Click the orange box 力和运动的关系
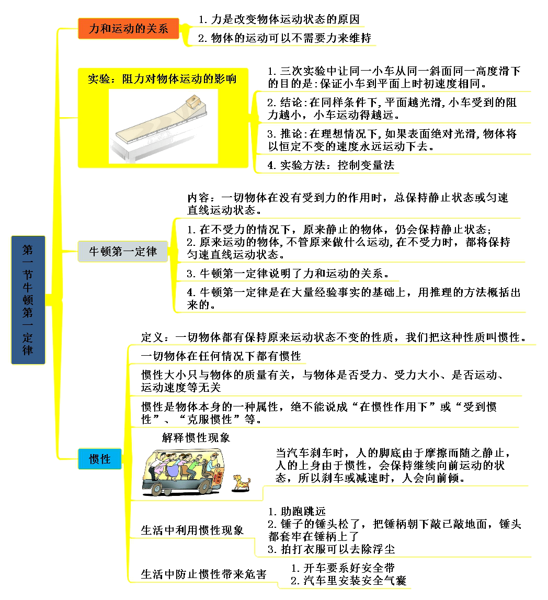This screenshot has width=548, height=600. [x=128, y=29]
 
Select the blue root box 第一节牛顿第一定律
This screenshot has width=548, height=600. [x=28, y=300]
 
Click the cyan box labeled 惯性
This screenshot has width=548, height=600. [x=99, y=459]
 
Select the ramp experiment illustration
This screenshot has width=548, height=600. [x=164, y=125]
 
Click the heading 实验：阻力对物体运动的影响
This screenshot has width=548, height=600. [x=162, y=79]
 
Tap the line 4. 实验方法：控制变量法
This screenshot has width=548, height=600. [x=330, y=165]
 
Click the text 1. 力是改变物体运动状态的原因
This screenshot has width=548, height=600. [x=279, y=20]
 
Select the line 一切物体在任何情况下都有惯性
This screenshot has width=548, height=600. [x=221, y=356]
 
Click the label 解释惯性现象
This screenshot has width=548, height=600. [x=196, y=437]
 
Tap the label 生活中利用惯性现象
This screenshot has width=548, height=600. [x=192, y=530]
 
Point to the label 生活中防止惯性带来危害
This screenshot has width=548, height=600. [x=204, y=574]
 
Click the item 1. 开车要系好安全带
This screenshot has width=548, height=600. [x=342, y=568]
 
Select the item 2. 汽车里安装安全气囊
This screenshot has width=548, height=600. [x=348, y=580]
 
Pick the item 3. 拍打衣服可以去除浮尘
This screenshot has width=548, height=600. [x=331, y=549]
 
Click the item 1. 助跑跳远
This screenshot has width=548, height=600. [x=296, y=511]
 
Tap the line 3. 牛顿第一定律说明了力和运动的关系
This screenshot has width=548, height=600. [x=288, y=273]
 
